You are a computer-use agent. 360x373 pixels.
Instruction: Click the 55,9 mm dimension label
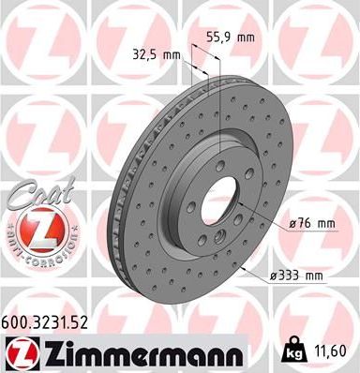pyautogui.click(x=229, y=38)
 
